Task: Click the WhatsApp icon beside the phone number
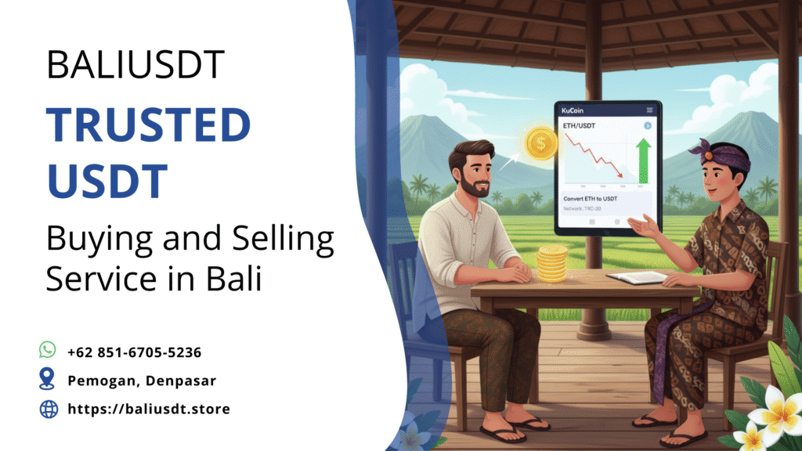click(x=48, y=350)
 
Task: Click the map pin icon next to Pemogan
click(x=48, y=380)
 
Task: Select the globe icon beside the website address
click(x=49, y=409)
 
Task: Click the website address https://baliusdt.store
click(x=149, y=409)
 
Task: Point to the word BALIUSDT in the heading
click(x=135, y=65)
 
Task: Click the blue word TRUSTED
click(x=148, y=125)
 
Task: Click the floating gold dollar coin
click(x=541, y=143)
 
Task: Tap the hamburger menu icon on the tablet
click(x=649, y=110)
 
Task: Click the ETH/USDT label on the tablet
click(x=580, y=125)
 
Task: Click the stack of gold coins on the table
click(x=551, y=264)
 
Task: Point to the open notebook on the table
click(x=635, y=277)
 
